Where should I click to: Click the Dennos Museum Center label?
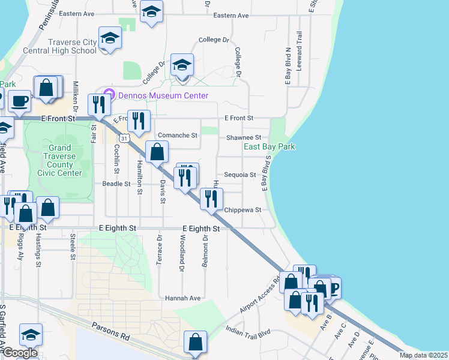pyautogui.click(x=163, y=95)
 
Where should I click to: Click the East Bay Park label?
pyautogui.click(x=270, y=146)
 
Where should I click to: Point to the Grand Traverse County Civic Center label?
pyautogui.click(x=59, y=160)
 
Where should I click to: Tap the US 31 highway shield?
pyautogui.click(x=123, y=138)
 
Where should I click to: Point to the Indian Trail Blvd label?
pyautogui.click(x=249, y=331)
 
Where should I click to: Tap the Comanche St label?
pyautogui.click(x=177, y=136)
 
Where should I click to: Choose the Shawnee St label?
pyautogui.click(x=243, y=137)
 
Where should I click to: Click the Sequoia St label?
pyautogui.click(x=240, y=175)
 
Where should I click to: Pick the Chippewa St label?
pyautogui.click(x=243, y=210)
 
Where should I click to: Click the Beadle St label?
pyautogui.click(x=116, y=184)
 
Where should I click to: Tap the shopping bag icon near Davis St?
pyautogui.click(x=157, y=152)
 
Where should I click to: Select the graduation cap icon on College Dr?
pyautogui.click(x=182, y=65)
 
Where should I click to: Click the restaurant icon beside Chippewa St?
pyautogui.click(x=211, y=199)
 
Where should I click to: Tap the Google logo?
pyautogui.click(x=19, y=353)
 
